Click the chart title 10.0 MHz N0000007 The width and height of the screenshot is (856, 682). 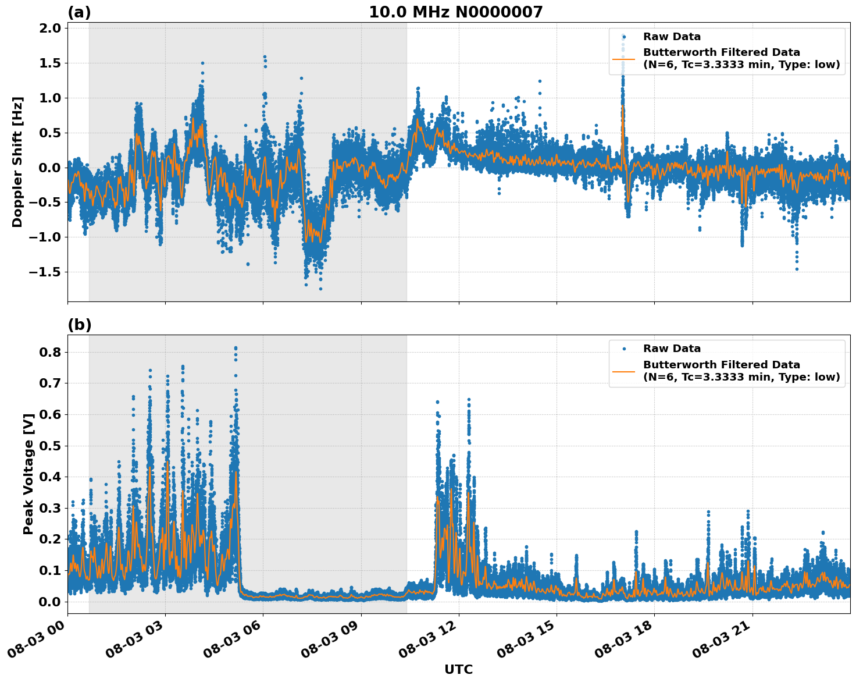[455, 12]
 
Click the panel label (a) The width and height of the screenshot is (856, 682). [79, 12]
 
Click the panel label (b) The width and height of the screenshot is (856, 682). [79, 325]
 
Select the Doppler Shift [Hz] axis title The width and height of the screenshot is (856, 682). [17, 162]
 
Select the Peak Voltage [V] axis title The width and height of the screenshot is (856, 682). [28, 474]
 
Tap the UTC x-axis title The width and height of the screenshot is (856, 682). [458, 669]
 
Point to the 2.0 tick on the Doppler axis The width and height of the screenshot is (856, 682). [49, 29]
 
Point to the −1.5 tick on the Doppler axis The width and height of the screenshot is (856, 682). [45, 272]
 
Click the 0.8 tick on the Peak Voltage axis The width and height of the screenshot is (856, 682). [49, 352]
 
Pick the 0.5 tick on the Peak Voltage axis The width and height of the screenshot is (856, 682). [49, 446]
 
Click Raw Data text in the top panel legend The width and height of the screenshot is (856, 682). [672, 37]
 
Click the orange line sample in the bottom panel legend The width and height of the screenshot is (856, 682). [623, 371]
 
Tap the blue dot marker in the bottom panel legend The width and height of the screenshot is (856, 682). [623, 349]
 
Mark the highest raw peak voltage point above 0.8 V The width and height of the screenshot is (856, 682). [236, 348]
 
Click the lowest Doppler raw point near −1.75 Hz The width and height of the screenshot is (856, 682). [320, 289]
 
